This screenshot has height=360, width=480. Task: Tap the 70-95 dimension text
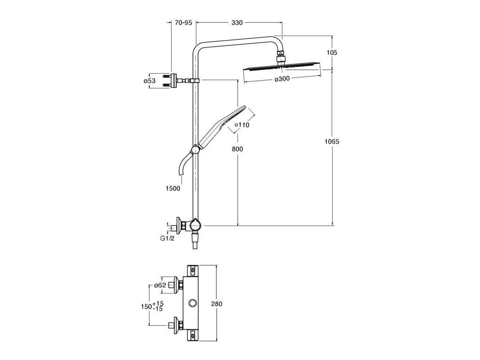(x=184, y=22)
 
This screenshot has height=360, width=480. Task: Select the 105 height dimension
(x=332, y=52)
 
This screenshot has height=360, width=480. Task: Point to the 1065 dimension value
(x=332, y=141)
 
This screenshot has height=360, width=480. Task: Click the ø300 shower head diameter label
(x=281, y=78)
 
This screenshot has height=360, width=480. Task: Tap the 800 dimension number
(x=238, y=149)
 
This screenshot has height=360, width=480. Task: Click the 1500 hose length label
(x=172, y=188)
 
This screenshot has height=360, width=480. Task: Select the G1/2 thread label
(x=167, y=238)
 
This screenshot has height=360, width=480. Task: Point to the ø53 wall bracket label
(x=149, y=81)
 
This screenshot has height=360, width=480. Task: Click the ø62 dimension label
(x=160, y=285)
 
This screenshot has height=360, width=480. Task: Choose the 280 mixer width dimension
(x=217, y=304)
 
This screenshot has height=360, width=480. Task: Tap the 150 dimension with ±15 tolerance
(x=151, y=306)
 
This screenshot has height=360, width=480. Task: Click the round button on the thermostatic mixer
(x=194, y=303)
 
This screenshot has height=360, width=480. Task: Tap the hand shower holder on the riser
(x=195, y=149)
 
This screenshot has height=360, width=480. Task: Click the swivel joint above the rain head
(x=281, y=57)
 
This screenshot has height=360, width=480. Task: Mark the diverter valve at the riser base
(x=195, y=224)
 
